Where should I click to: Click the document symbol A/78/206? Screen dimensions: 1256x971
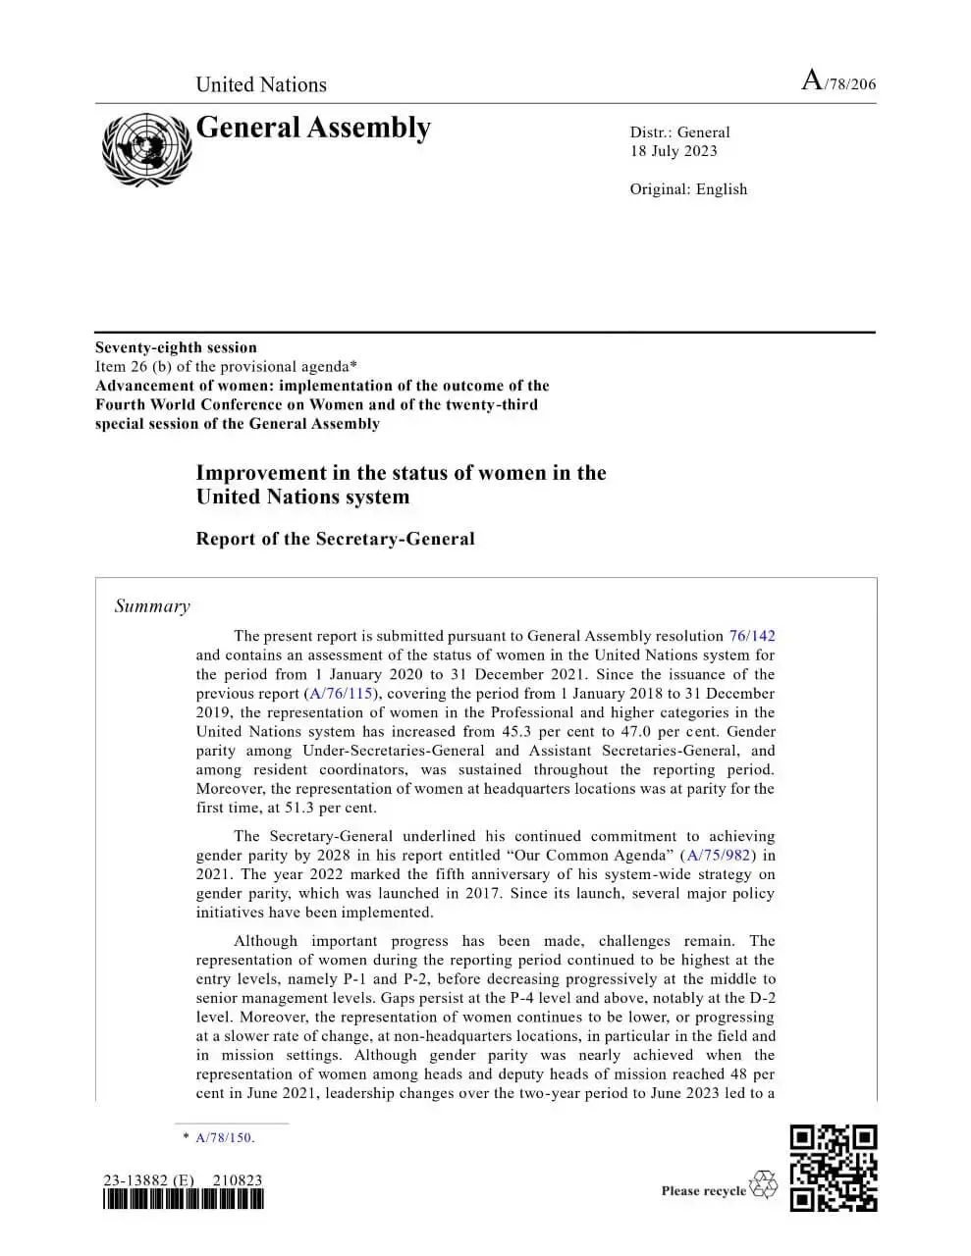point(837,82)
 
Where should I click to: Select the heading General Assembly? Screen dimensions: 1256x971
point(313,129)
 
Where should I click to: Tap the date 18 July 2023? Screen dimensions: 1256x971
point(674,151)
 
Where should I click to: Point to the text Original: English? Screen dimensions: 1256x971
point(688,189)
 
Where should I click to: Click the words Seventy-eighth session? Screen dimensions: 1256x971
point(176,347)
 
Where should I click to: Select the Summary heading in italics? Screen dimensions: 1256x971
point(152,606)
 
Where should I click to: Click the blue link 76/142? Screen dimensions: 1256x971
point(751,636)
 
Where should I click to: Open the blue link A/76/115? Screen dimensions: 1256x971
point(342,694)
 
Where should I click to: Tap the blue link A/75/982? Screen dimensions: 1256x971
point(719,856)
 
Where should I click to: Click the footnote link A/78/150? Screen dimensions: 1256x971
point(224,1138)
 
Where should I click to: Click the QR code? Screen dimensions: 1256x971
point(834,1169)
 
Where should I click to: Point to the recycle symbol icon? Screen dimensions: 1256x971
point(763,1184)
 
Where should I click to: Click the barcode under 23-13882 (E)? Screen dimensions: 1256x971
point(183,1199)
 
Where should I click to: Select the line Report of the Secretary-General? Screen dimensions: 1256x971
point(335,539)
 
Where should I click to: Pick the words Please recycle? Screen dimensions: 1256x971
point(703,1191)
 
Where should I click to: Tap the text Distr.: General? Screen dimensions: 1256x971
point(679,132)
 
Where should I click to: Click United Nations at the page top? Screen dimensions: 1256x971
point(261,84)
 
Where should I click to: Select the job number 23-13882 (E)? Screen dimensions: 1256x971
point(148,1180)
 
